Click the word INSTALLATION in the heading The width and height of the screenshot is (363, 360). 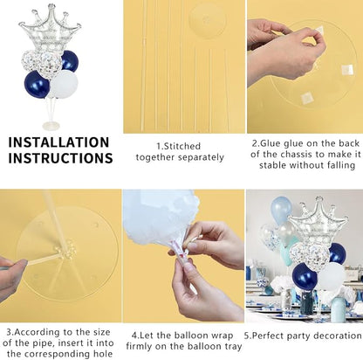coord(58,142)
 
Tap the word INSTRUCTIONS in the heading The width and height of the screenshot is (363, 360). coord(60,158)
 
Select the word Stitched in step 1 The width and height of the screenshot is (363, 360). coord(181,146)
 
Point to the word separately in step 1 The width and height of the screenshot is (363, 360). coord(201,157)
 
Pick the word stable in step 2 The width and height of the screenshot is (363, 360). coord(273,165)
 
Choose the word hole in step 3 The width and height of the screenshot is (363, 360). coord(103,354)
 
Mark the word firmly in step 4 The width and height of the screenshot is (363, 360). coord(140,347)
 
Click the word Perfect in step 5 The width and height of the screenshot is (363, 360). coord(268,336)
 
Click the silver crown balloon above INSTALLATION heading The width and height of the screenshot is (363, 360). coord(50,29)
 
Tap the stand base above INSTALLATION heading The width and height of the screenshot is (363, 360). coord(51,126)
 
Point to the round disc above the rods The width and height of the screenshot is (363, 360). coord(207,21)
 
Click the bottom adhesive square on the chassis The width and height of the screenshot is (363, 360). coord(307,98)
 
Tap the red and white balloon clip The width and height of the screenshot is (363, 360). coord(181,255)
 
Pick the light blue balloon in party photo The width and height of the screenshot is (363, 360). coord(281,210)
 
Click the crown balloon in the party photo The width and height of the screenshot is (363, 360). coord(318,220)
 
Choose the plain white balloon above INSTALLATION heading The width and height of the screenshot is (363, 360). coord(64,84)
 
